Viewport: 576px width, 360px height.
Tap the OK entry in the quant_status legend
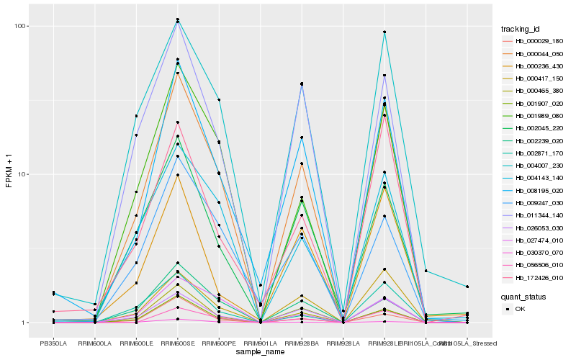click(x=521, y=308)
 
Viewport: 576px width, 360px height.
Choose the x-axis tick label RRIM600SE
click(x=177, y=343)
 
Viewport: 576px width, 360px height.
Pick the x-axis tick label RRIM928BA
click(x=302, y=343)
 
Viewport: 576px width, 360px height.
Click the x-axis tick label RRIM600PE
click(x=219, y=343)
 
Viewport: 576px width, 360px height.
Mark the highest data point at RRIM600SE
click(x=177, y=19)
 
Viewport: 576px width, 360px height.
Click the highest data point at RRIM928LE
click(x=385, y=32)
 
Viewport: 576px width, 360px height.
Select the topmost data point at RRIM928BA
click(x=302, y=84)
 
